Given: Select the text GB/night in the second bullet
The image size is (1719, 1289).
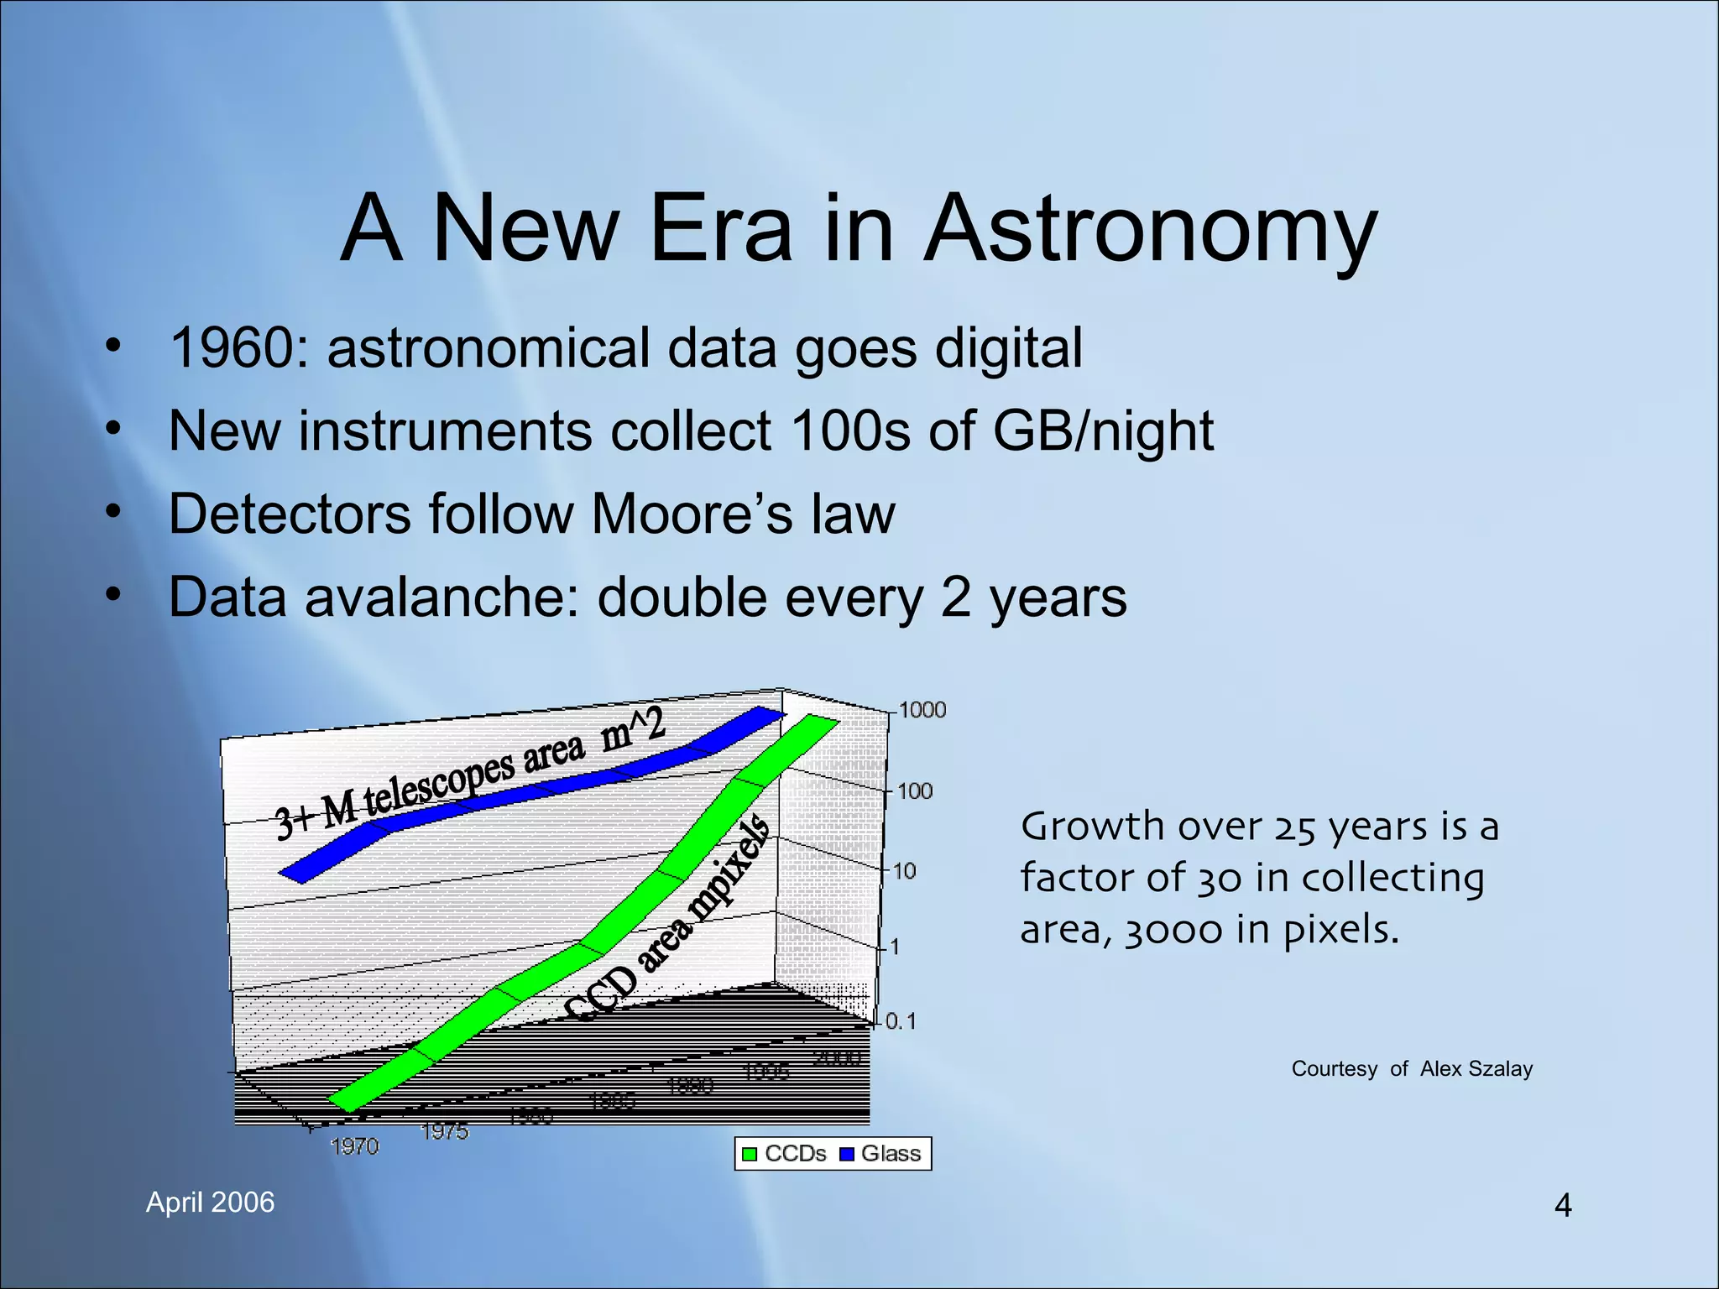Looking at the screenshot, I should (1103, 431).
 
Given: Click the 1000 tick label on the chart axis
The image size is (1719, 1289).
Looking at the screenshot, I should (922, 710).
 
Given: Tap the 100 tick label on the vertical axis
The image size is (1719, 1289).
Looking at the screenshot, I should (915, 791).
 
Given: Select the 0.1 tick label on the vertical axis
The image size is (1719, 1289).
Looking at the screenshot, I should (901, 1021).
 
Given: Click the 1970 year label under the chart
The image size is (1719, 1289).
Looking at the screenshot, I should (354, 1146).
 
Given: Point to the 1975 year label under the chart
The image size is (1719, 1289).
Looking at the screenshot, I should (444, 1131).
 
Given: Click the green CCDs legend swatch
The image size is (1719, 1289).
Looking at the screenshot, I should (750, 1155).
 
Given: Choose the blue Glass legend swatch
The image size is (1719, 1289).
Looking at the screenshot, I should (847, 1155).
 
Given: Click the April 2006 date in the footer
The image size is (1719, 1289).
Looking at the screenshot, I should (210, 1203).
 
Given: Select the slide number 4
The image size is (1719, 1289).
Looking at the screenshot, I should (1562, 1206).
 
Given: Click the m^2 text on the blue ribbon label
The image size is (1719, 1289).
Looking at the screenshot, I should (633, 728).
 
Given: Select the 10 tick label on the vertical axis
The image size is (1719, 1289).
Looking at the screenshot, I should (904, 871).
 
